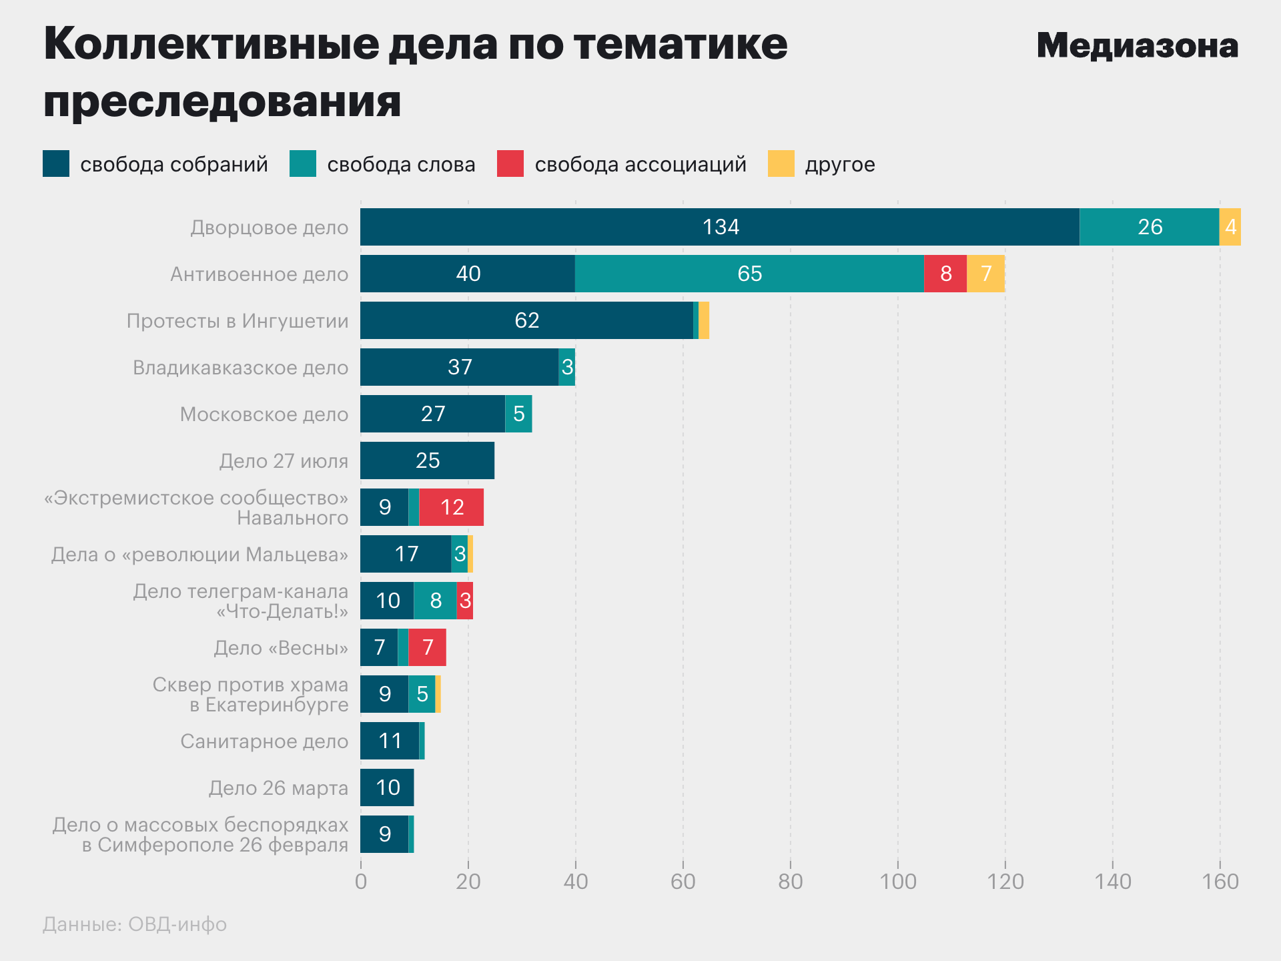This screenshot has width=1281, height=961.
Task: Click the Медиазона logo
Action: pyautogui.click(x=1137, y=46)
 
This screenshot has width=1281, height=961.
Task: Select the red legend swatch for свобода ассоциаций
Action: pyautogui.click(x=510, y=164)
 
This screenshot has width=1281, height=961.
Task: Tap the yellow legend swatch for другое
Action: pyautogui.click(x=781, y=164)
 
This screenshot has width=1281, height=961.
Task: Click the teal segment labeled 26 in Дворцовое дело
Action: pyautogui.click(x=1149, y=227)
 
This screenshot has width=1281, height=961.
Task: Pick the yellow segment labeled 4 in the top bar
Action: pyautogui.click(x=1230, y=227)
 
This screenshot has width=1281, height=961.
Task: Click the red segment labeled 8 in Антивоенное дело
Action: pyautogui.click(x=945, y=274)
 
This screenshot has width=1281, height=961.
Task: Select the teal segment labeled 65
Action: pyautogui.click(x=749, y=274)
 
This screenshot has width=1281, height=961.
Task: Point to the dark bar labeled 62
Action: pyautogui.click(x=526, y=320)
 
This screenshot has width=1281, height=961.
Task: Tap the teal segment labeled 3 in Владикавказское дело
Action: pyautogui.click(x=567, y=367)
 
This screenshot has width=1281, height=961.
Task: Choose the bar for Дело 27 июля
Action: pyautogui.click(x=427, y=460)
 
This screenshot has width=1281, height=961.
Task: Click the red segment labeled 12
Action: pyautogui.click(x=452, y=507)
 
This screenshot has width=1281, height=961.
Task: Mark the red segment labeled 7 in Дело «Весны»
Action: pyautogui.click(x=427, y=647)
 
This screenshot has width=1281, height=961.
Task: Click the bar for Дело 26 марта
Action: pyautogui.click(x=387, y=787)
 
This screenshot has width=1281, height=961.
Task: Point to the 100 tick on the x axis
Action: pyautogui.click(x=897, y=882)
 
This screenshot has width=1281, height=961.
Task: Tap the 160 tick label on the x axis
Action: pyautogui.click(x=1220, y=882)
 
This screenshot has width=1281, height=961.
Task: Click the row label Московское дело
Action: pyautogui.click(x=264, y=414)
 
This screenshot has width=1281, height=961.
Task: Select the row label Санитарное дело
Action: pyautogui.click(x=264, y=741)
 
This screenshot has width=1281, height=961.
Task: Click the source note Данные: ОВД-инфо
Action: pyautogui.click(x=135, y=924)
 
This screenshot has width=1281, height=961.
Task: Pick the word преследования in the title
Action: pyautogui.click(x=222, y=101)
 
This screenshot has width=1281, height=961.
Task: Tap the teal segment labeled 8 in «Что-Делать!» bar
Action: pyautogui.click(x=435, y=601)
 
